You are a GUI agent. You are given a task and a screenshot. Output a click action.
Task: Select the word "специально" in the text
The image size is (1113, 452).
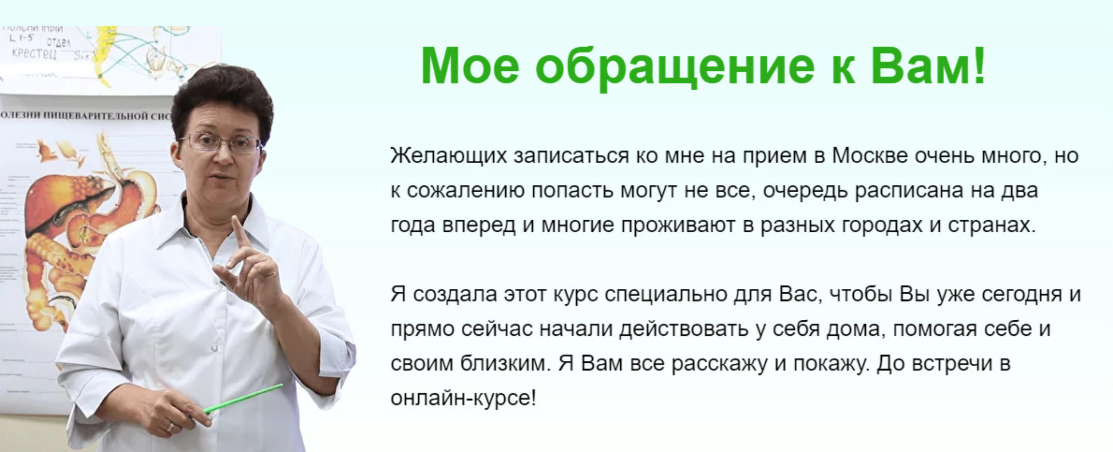[x=666, y=294]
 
